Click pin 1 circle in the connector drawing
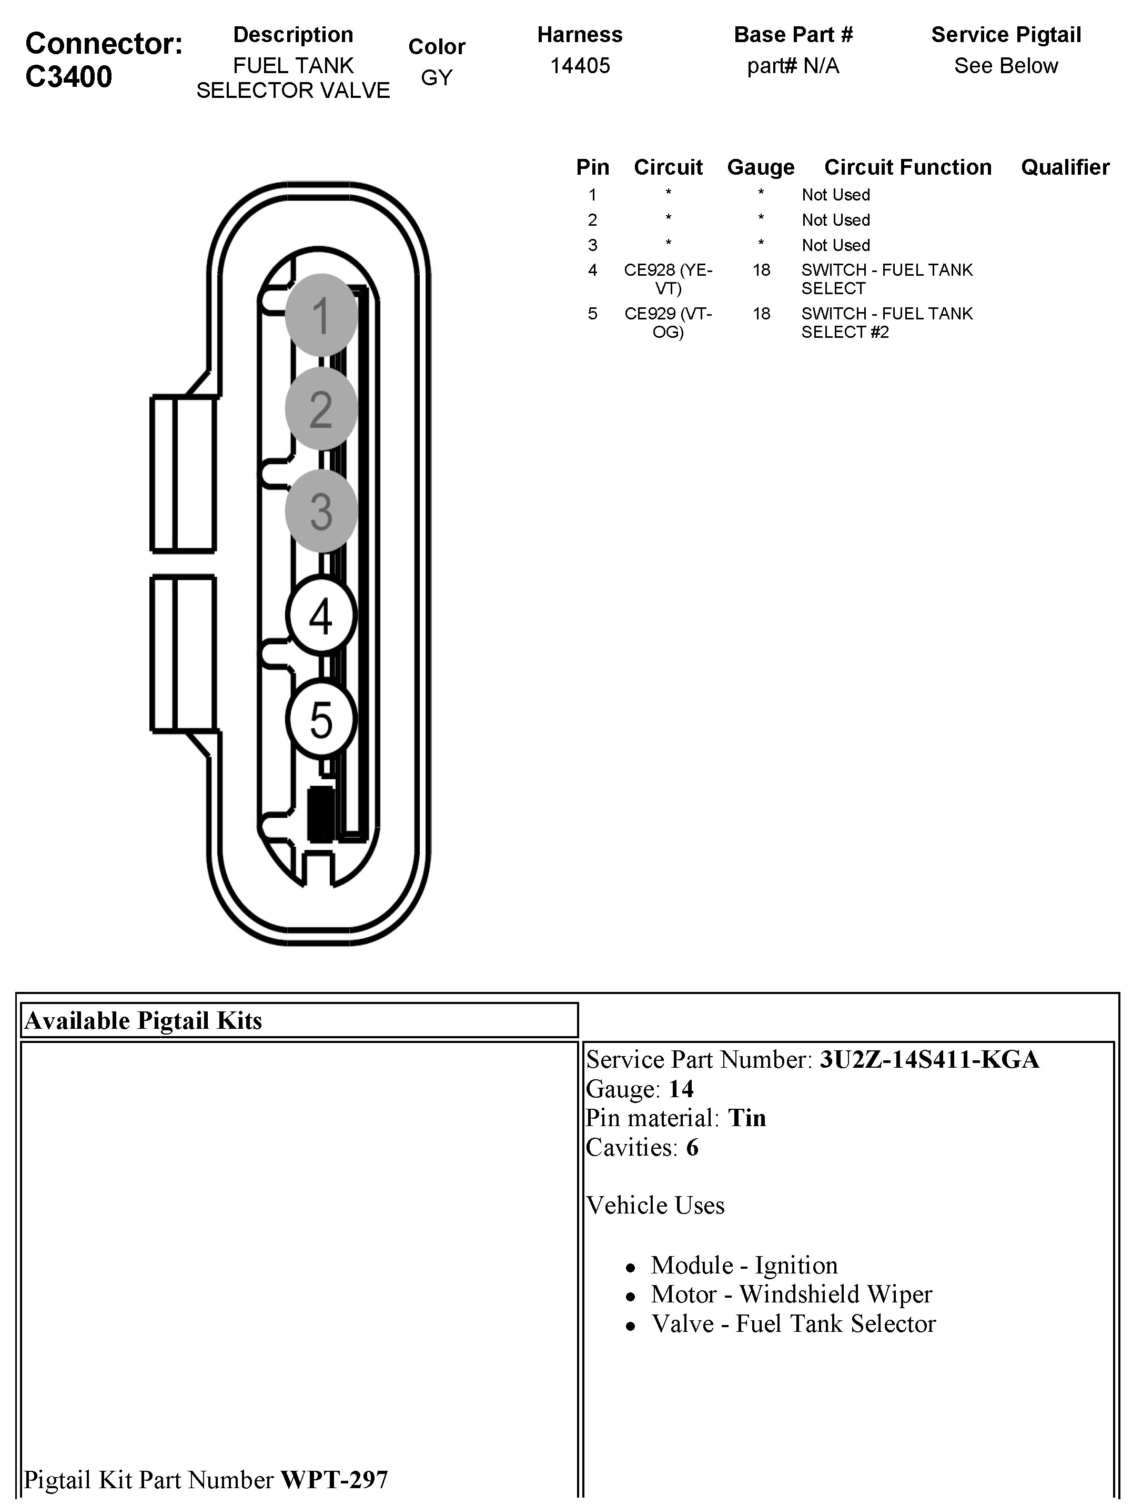pyautogui.click(x=321, y=315)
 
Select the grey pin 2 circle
pyautogui.click(x=321, y=408)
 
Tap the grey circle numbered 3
pyautogui.click(x=321, y=510)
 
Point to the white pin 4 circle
pyautogui.click(x=321, y=616)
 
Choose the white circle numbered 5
pyautogui.click(x=321, y=719)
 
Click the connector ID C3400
pyautogui.click(x=69, y=77)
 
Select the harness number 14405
pyautogui.click(x=580, y=66)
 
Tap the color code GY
pyautogui.click(x=436, y=77)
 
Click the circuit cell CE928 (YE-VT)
pyautogui.click(x=668, y=279)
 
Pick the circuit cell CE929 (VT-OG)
pyautogui.click(x=668, y=323)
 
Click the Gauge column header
pyautogui.click(x=761, y=167)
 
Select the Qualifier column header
pyautogui.click(x=1065, y=167)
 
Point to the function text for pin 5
pyautogui.click(x=886, y=323)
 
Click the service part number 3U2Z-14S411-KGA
pyautogui.click(x=929, y=1059)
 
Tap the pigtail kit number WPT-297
pyautogui.click(x=334, y=1479)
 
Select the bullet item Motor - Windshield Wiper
pyautogui.click(x=791, y=1293)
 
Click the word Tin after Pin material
pyautogui.click(x=747, y=1118)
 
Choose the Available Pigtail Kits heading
pyautogui.click(x=143, y=1020)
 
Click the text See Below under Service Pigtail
pyautogui.click(x=1005, y=66)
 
